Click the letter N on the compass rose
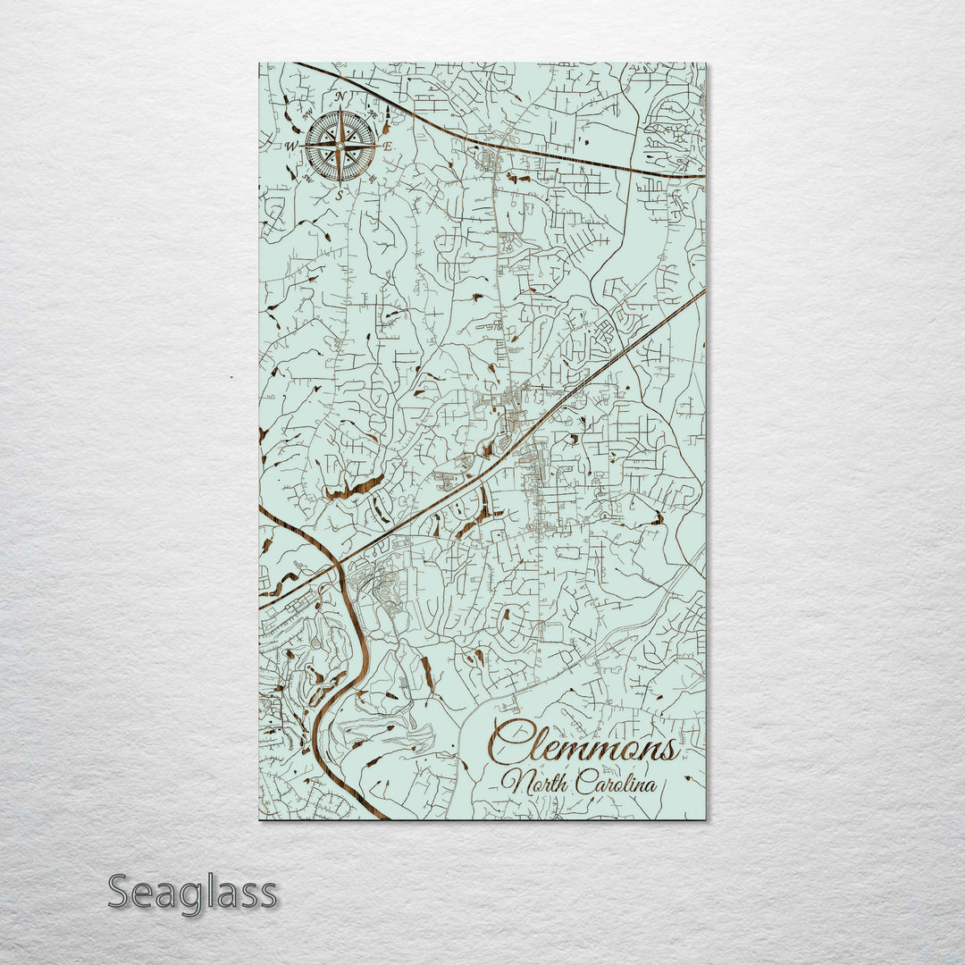tap(340, 96)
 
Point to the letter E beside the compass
tap(387, 146)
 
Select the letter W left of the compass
tap(290, 145)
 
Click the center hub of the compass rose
tap(340, 145)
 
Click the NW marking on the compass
tap(307, 113)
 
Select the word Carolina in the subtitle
tap(616, 785)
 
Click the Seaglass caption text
tap(192, 894)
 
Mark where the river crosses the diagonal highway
tap(340, 564)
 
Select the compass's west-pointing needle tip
tap(304, 145)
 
